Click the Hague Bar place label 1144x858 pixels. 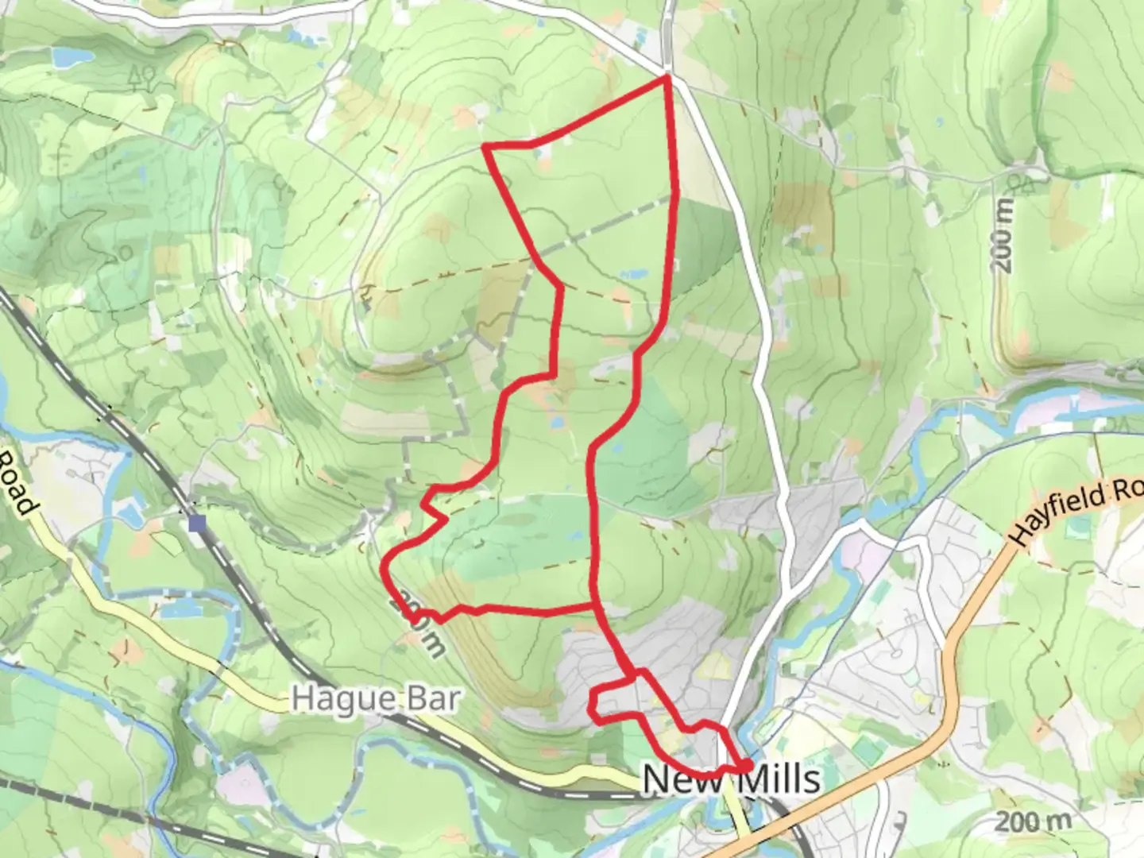(375, 699)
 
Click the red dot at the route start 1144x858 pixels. (747, 765)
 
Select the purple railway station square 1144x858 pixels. (197, 523)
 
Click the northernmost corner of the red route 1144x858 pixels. (667, 76)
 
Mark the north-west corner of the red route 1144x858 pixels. (485, 146)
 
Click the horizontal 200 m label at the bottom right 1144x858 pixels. (1033, 821)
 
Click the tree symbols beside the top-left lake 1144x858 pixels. (142, 76)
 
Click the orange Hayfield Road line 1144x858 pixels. (953, 620)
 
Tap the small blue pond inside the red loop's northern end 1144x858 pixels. (634, 275)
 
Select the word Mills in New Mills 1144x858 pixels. (779, 778)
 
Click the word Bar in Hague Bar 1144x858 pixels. (433, 699)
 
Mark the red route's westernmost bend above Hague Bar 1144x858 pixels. (385, 566)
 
